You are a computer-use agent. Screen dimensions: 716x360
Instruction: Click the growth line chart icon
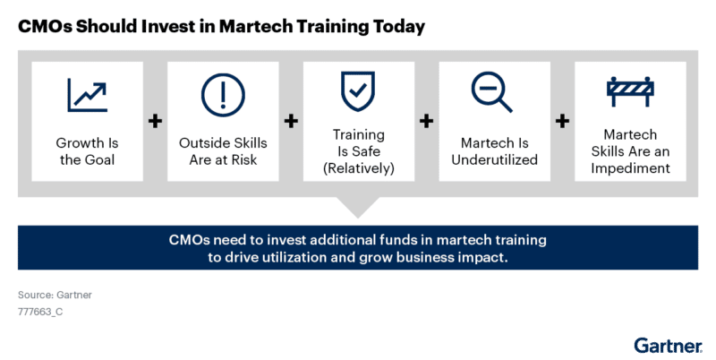[x=87, y=95]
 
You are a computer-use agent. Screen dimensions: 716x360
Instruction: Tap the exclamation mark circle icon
[x=223, y=95]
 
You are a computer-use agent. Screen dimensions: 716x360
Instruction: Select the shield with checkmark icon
[x=358, y=91]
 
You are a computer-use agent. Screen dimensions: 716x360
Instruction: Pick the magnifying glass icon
[x=491, y=91]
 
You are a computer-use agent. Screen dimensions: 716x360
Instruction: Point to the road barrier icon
[x=630, y=91]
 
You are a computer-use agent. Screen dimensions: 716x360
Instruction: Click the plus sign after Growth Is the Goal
[x=155, y=121]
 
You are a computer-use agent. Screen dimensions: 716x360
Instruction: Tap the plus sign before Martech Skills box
[x=562, y=121]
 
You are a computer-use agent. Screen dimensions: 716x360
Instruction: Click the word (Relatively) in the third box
[x=359, y=168]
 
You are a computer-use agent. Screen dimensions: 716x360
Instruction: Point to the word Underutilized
[x=495, y=160]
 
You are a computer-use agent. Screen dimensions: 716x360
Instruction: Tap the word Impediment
[x=630, y=168]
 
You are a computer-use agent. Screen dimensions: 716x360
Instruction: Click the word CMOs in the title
[x=44, y=27]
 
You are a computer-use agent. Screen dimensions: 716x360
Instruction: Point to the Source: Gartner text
[x=55, y=296]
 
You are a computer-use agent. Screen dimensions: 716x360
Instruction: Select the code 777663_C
[x=40, y=312]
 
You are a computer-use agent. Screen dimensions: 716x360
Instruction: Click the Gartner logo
[x=668, y=346]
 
